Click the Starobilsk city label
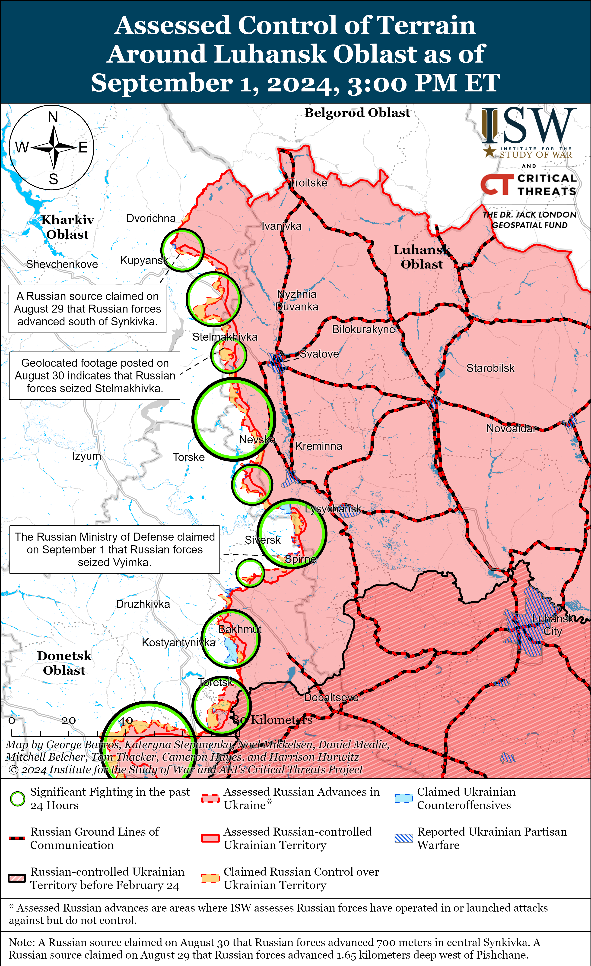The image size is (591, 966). click(490, 368)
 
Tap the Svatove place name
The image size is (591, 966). click(319, 354)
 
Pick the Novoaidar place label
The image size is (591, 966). click(511, 429)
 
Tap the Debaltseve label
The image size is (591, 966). click(331, 698)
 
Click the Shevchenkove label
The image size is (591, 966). click(62, 264)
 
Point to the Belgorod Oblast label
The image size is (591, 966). click(357, 113)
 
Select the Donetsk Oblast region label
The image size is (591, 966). click(64, 663)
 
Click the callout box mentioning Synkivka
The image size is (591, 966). click(87, 309)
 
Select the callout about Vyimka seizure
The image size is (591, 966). click(114, 549)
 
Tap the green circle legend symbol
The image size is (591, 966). click(18, 799)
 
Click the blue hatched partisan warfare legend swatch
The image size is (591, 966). click(404, 838)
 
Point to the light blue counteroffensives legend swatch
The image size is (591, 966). click(404, 798)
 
